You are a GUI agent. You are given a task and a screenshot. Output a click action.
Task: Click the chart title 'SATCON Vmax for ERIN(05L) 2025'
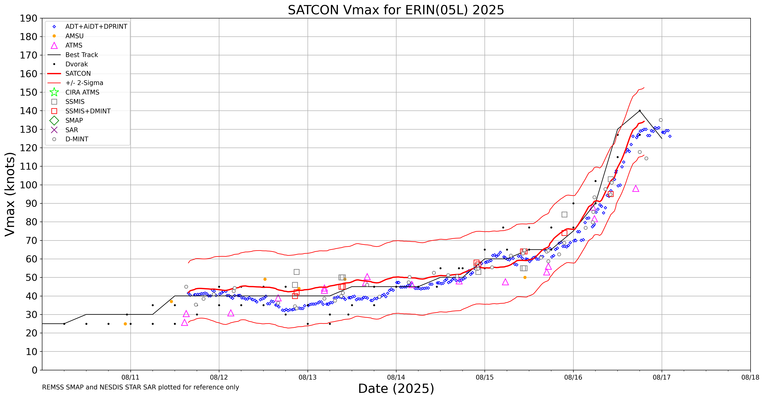396,10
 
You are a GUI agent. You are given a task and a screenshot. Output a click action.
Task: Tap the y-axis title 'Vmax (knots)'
10,194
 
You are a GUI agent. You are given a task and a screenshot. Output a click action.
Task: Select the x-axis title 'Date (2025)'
396,389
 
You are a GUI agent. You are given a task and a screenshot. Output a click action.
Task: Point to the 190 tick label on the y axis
29,18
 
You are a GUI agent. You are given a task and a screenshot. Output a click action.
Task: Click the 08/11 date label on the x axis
131,378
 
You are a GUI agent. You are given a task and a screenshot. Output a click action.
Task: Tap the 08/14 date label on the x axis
396,378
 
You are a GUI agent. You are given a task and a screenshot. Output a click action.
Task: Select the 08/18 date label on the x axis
750,378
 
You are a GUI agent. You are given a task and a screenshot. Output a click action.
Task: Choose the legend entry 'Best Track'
82,55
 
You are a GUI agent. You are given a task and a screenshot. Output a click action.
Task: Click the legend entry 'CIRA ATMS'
82,92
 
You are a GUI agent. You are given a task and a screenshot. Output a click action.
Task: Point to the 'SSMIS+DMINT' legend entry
88,111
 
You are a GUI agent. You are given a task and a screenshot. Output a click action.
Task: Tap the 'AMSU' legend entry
74,36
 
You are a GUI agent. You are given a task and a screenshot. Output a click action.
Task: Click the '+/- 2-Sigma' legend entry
84,83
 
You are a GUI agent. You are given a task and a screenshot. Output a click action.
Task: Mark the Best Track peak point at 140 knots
640,111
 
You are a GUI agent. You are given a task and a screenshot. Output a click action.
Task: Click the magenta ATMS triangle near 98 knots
636,189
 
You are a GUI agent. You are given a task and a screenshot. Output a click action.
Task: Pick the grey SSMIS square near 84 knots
564,214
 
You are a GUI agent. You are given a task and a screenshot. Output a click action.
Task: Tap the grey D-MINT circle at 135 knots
661,120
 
